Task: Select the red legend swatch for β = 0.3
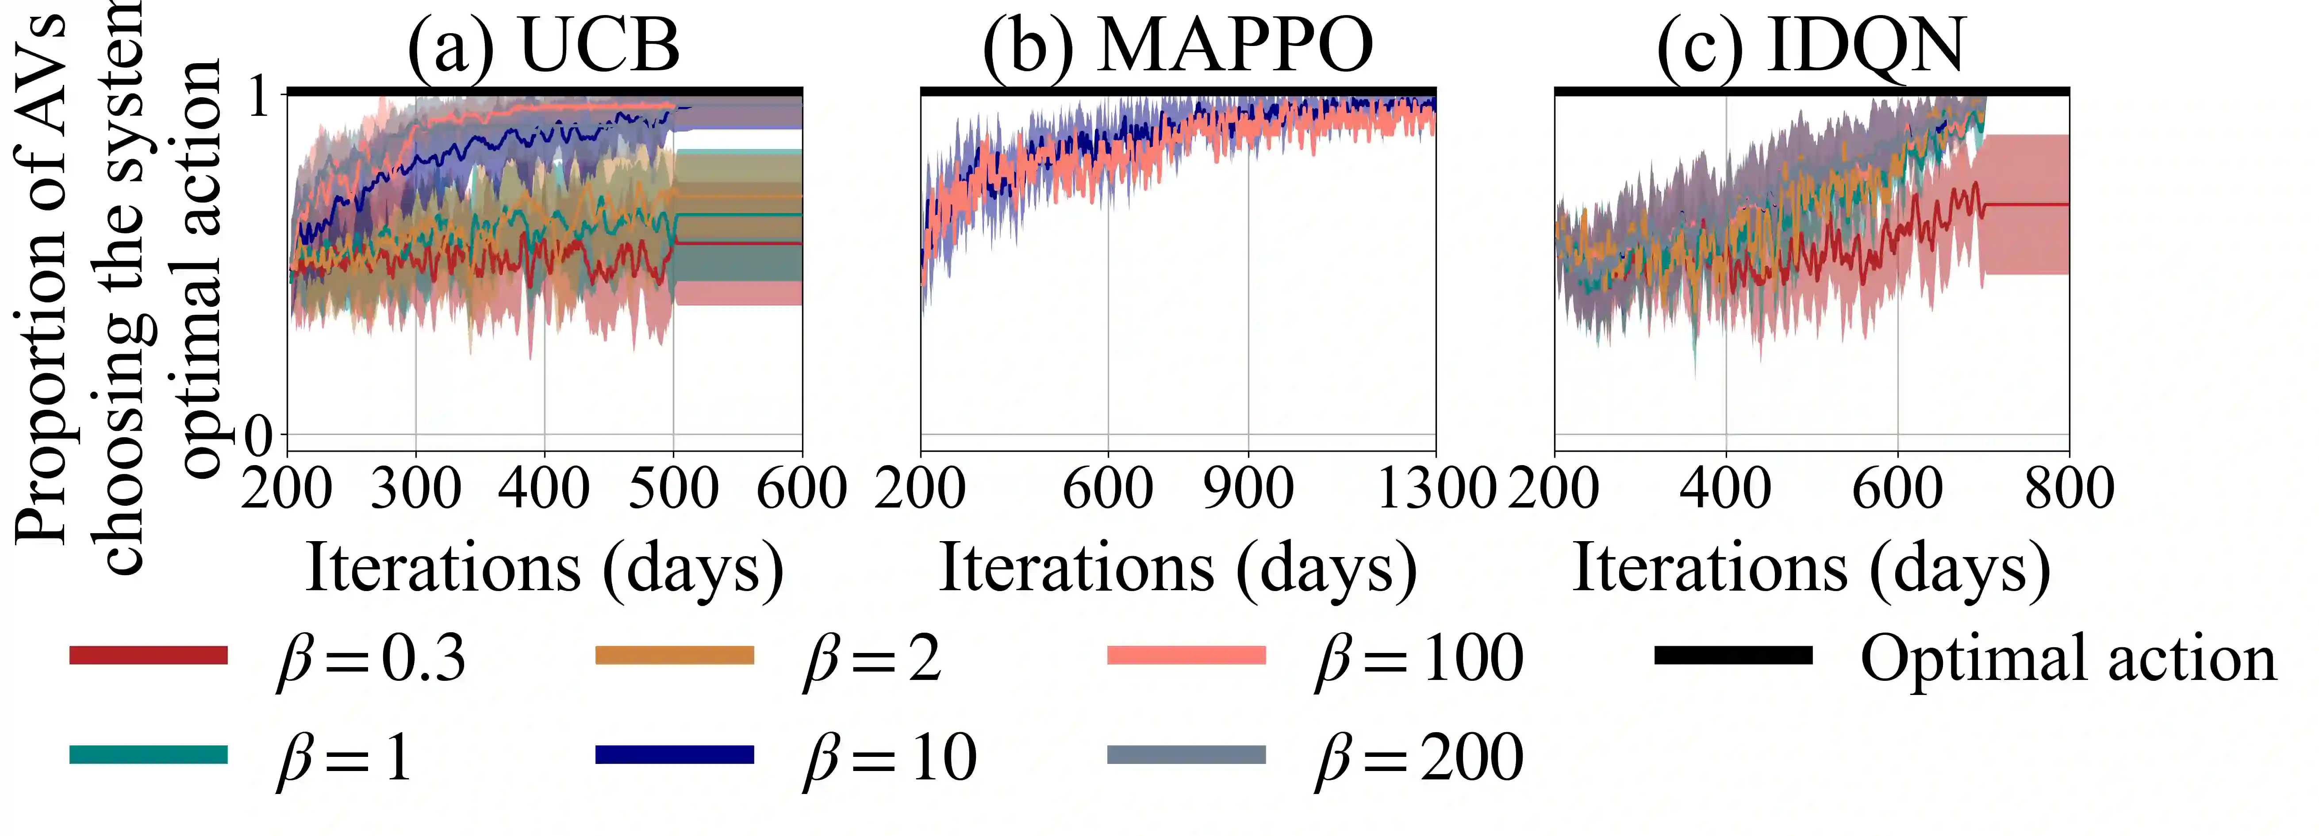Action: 149,655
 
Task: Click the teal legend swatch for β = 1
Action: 149,754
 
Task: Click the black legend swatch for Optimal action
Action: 1733,655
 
